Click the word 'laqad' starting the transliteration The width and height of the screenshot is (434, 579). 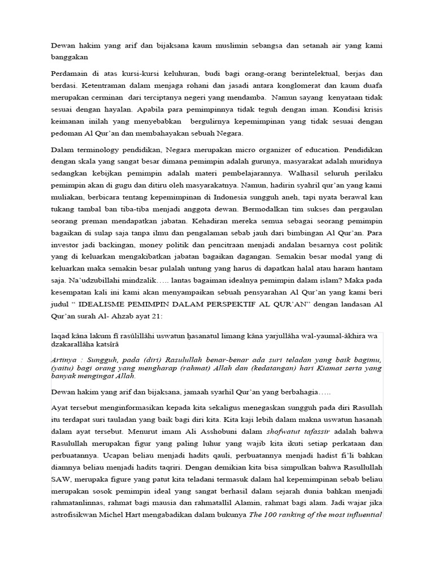coord(60,336)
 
